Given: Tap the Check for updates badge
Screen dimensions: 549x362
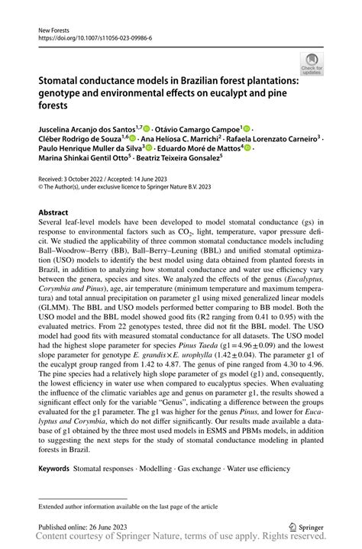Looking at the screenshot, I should [312, 64].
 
